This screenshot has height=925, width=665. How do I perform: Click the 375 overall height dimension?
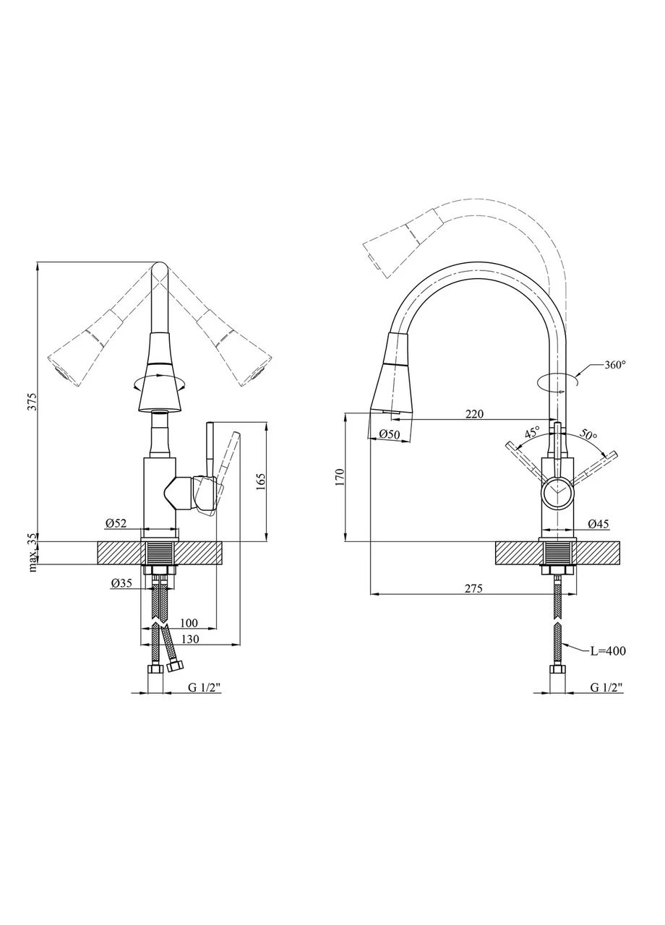(34, 401)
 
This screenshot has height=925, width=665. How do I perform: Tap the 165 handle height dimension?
(260, 481)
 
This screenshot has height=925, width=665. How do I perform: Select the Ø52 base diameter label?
(115, 523)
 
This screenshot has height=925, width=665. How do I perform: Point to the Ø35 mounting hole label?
(121, 583)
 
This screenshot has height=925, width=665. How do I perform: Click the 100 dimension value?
(189, 622)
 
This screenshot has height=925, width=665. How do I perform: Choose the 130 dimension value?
(190, 640)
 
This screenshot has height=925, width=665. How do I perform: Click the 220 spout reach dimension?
(474, 414)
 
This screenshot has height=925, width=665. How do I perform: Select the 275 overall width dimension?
(473, 588)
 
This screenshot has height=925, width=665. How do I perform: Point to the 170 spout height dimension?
(340, 478)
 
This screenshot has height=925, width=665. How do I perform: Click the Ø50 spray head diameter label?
(389, 434)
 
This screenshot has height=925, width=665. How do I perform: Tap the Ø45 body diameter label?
(598, 524)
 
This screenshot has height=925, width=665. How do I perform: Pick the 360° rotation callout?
(615, 365)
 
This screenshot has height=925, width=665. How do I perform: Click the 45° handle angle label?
(532, 433)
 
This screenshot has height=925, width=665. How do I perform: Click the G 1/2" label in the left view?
(205, 687)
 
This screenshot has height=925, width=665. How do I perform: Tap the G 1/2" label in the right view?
(606, 687)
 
